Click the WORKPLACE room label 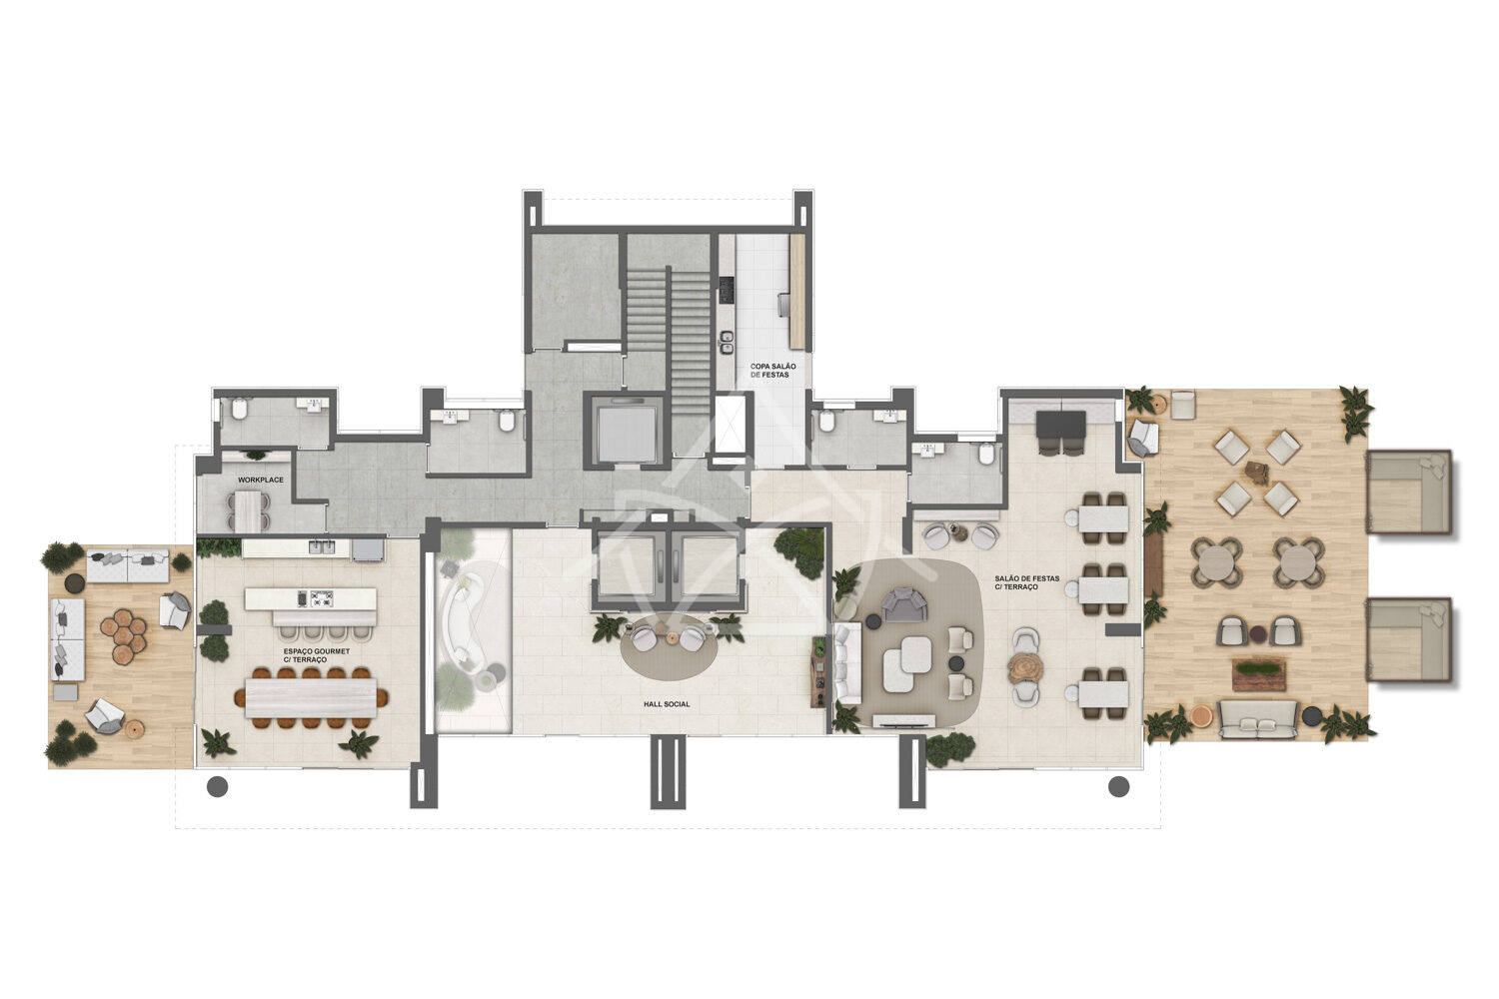[260, 480]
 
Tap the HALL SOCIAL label [667, 704]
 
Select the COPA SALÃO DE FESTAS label [772, 371]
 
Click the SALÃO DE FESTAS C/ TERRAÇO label [1026, 582]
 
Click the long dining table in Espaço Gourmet [311, 698]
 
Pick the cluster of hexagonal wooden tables [124, 635]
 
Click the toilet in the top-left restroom [238, 409]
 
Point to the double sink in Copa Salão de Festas [727, 343]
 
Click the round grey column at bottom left [218, 787]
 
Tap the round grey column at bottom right [1119, 787]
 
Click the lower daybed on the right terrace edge [1408, 639]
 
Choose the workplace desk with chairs [247, 511]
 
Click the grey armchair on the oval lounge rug [904, 604]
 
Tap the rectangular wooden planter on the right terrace [1259, 673]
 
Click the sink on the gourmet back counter [322, 546]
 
